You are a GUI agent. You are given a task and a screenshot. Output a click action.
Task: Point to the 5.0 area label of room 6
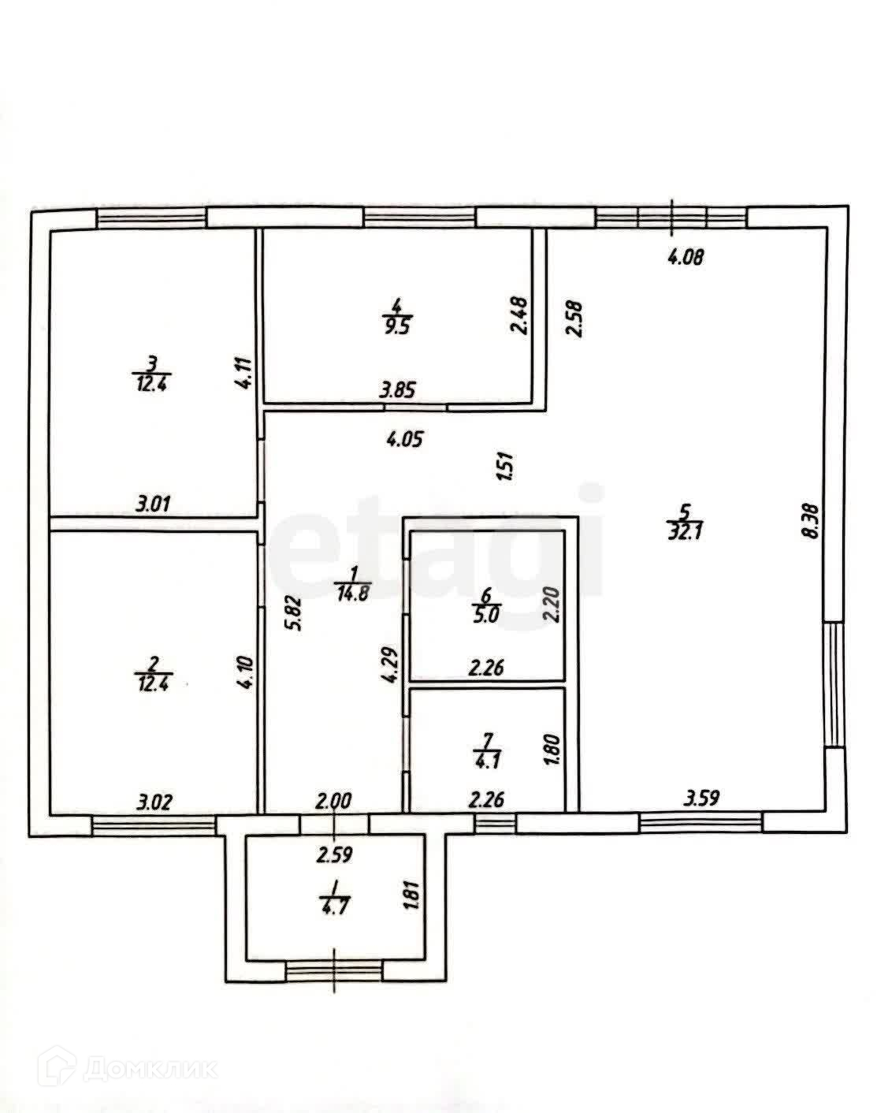[x=486, y=616]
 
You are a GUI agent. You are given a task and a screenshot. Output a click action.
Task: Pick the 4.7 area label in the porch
[x=334, y=905]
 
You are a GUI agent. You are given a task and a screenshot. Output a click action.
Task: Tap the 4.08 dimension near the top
[x=684, y=256]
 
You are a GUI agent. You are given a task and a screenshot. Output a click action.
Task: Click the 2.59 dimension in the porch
[x=334, y=853]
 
